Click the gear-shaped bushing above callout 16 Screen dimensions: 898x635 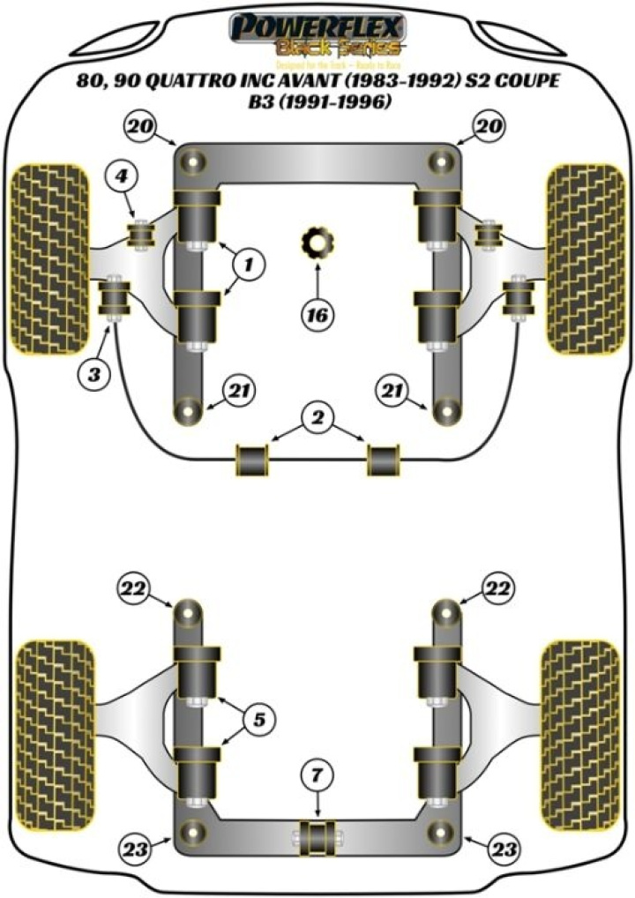point(315,243)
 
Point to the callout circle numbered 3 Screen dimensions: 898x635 point(93,374)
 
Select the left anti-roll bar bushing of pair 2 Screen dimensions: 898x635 point(251,460)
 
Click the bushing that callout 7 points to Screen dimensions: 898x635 point(318,834)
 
